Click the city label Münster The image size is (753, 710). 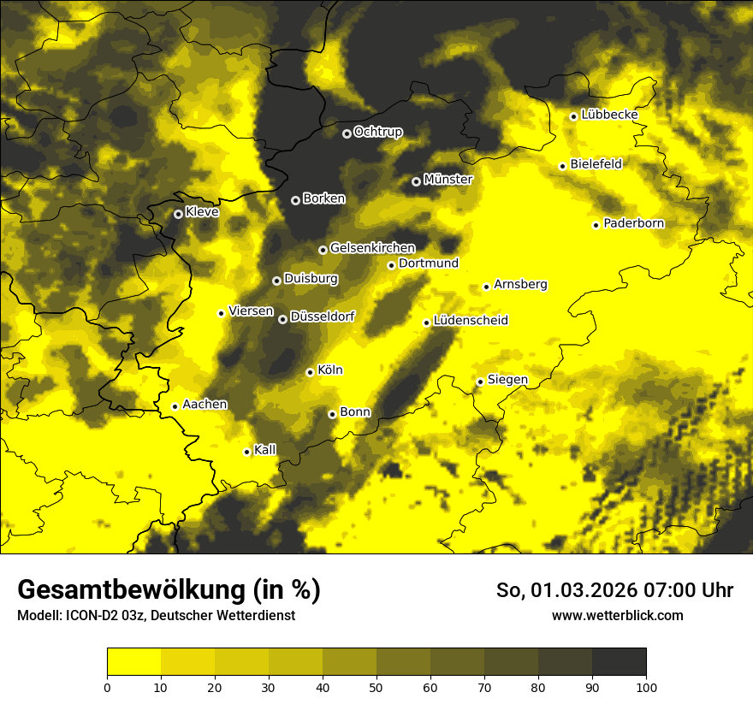448,180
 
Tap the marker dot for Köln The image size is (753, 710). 310,372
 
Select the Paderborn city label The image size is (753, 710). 634,223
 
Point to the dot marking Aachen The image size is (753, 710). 175,406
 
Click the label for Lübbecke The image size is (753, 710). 610,115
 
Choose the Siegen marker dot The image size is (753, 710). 480,382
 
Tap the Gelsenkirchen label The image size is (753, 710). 372,248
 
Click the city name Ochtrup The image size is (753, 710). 378,132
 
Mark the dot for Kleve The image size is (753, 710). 178,214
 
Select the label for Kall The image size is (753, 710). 265,450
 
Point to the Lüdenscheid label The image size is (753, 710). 471,321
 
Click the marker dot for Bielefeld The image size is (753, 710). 562,166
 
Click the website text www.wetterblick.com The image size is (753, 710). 617,615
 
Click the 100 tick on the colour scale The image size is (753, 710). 646,686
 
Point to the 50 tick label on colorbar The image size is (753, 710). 376,686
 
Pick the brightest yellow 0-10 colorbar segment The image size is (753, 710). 133,661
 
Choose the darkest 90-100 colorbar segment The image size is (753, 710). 619,661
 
